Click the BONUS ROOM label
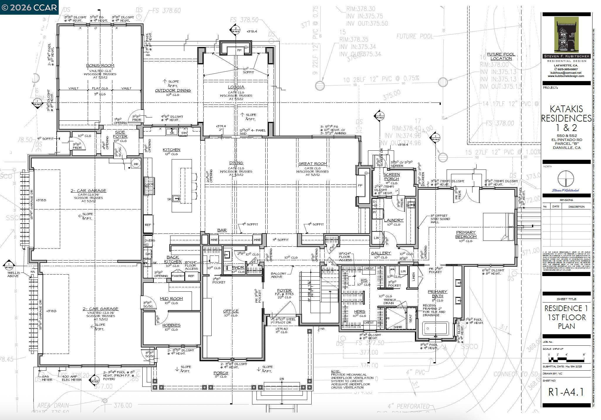click(x=100, y=65)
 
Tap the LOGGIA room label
click(x=236, y=87)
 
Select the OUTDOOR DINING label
click(x=173, y=90)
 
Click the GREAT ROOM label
click(x=312, y=164)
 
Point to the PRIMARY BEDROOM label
click(x=466, y=234)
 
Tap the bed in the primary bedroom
click(x=498, y=227)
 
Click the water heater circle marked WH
click(x=136, y=164)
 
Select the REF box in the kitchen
click(x=148, y=224)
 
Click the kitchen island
click(x=182, y=186)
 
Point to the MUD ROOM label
click(x=171, y=298)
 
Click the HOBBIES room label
click(x=171, y=325)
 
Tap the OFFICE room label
click(x=231, y=311)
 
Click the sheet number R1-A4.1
click(x=566, y=392)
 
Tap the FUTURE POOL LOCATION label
click(x=501, y=56)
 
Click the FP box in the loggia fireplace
click(x=239, y=50)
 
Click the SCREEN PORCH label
click(x=391, y=177)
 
